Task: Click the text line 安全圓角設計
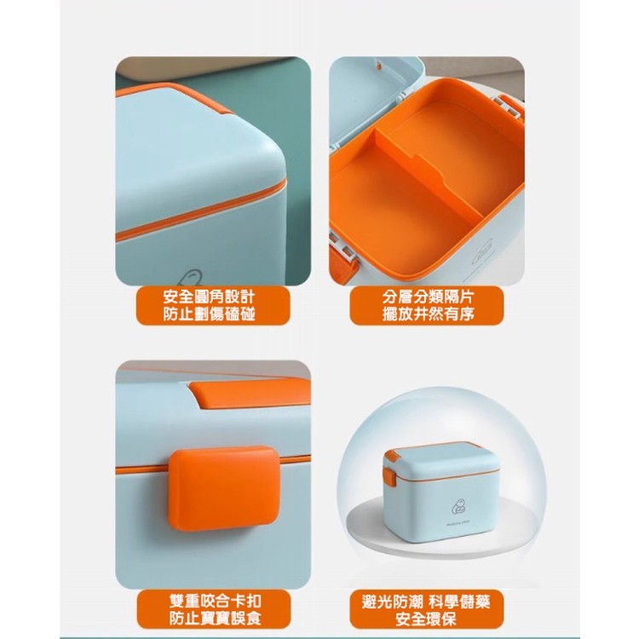pyautogui.click(x=209, y=296)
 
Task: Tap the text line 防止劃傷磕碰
pyautogui.click(x=209, y=314)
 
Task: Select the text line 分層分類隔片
pyautogui.click(x=428, y=296)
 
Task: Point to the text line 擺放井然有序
pyautogui.click(x=428, y=314)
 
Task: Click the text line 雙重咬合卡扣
pyautogui.click(x=215, y=601)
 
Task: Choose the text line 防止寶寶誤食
pyautogui.click(x=215, y=619)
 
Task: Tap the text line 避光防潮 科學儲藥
pyautogui.click(x=426, y=602)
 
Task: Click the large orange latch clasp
pyautogui.click(x=224, y=488)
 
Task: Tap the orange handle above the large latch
pyautogui.click(x=250, y=393)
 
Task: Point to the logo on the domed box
pyautogui.click(x=458, y=507)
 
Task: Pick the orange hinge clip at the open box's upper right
pyautogui.click(x=510, y=106)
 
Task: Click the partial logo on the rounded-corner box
pyautogui.click(x=190, y=278)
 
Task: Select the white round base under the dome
pyautogui.click(x=441, y=527)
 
